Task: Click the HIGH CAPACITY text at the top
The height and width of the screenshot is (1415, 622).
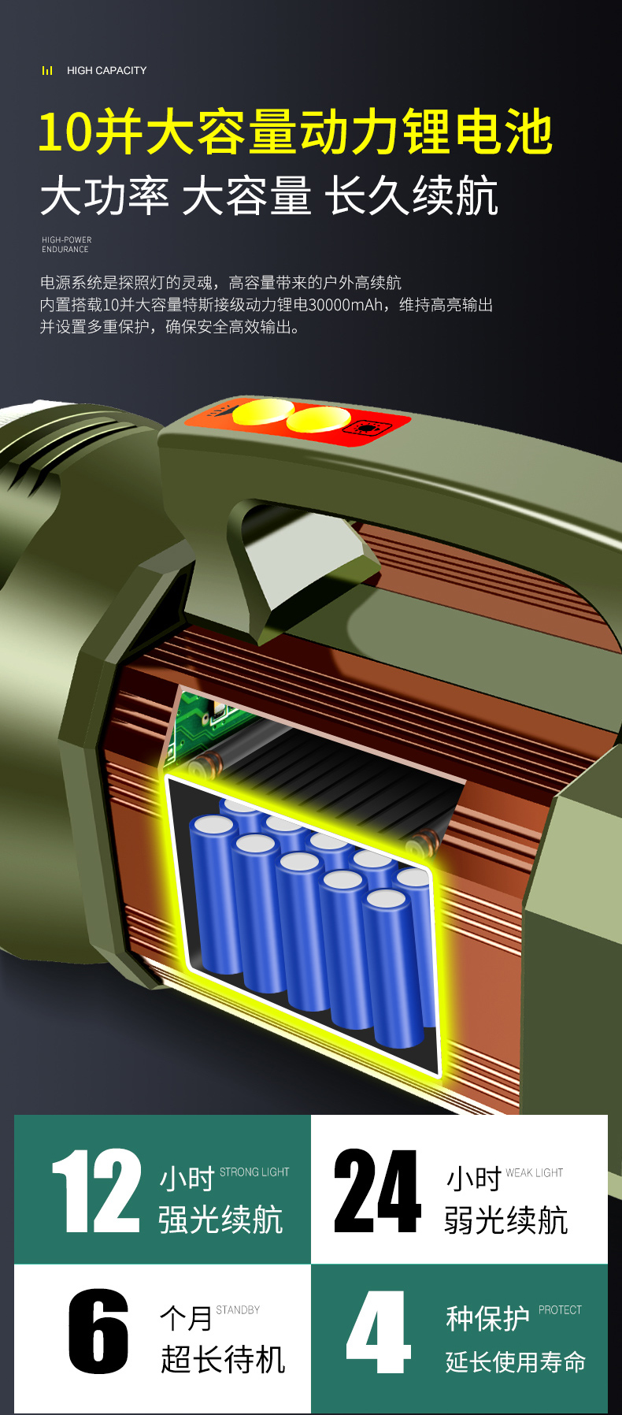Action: (106, 70)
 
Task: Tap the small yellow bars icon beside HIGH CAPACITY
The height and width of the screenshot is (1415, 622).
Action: (47, 70)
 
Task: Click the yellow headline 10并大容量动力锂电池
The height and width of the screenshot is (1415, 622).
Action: (295, 132)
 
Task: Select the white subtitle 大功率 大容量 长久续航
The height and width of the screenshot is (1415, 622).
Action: (269, 196)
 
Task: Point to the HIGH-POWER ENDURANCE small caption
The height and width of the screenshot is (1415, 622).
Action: (67, 244)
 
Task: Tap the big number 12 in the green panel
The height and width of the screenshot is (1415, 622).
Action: (96, 1190)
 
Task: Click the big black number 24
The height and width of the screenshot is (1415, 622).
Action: (378, 1190)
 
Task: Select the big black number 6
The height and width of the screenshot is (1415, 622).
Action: (98, 1331)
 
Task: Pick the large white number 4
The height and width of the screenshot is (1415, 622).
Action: (379, 1331)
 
